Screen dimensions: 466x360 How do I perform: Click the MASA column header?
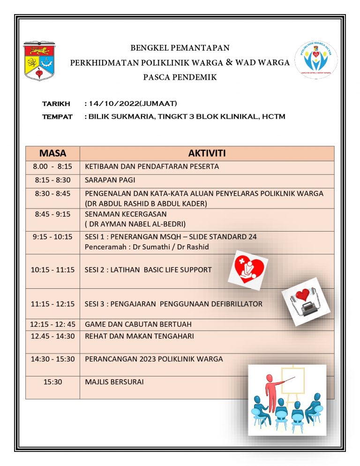click(52, 153)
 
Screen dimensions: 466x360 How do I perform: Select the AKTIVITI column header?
click(207, 153)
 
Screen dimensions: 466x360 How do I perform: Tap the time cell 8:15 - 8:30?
click(52, 180)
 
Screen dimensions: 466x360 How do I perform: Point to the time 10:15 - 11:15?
click(52, 270)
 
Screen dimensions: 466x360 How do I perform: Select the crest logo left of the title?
click(39, 60)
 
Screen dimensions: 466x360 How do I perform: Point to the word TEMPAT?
click(57, 117)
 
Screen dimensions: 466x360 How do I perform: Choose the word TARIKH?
click(56, 104)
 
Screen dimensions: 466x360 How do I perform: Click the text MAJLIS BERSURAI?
click(114, 382)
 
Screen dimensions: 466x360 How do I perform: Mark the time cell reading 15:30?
click(52, 382)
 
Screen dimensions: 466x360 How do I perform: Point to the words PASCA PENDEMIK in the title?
click(180, 77)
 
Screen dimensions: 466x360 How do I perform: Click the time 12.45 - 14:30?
click(52, 336)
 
